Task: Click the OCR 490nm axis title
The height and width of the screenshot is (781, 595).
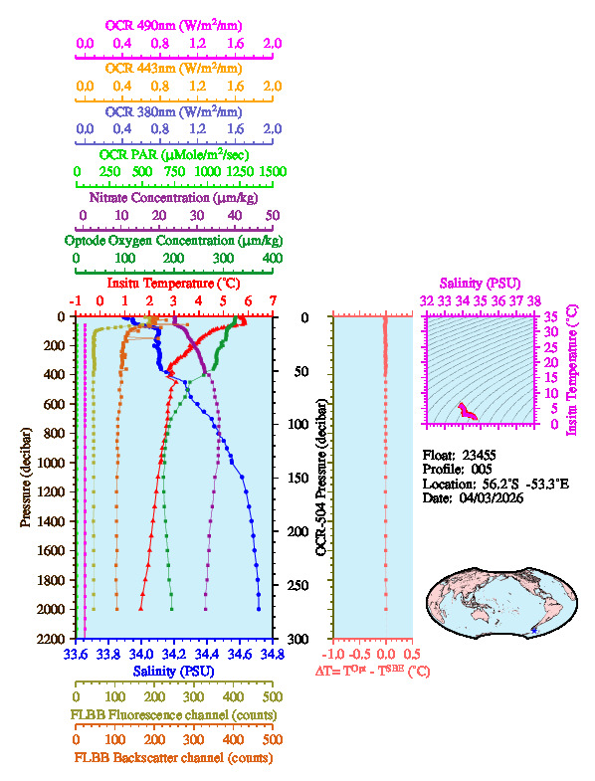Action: point(174,24)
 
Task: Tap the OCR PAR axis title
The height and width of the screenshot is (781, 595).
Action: point(174,154)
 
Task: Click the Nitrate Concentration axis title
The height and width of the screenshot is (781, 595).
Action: point(174,197)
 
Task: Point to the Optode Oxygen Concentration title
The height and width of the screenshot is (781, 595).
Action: point(174,241)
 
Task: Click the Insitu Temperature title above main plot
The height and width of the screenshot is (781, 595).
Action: point(174,284)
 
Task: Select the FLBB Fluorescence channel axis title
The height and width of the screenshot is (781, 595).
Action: point(174,714)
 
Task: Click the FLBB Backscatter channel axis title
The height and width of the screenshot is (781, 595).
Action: point(174,757)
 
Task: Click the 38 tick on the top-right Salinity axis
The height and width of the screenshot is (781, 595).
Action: point(534,299)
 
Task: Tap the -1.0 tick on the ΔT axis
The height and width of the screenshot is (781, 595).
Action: point(334,654)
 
